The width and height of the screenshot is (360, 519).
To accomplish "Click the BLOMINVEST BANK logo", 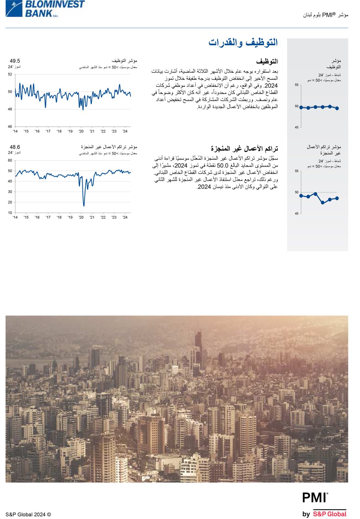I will click(x=45, y=8).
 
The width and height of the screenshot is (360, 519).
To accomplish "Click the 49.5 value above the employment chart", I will click(x=15, y=61).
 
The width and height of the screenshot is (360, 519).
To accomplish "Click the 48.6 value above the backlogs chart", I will click(x=15, y=147).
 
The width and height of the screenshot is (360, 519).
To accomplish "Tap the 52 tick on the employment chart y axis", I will click(x=10, y=74).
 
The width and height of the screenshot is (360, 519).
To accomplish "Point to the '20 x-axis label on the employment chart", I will click(x=81, y=131).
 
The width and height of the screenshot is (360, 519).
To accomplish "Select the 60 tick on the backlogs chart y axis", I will click(x=10, y=160).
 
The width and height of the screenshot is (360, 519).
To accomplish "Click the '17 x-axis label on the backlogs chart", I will click(x=48, y=218).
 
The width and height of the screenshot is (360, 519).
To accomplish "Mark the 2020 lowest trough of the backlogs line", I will click(x=84, y=205).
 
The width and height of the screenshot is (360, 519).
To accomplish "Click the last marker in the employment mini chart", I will click(x=337, y=108).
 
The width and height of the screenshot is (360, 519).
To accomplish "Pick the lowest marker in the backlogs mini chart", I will click(x=322, y=203).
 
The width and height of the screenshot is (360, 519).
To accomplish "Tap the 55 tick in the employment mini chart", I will click(x=296, y=85).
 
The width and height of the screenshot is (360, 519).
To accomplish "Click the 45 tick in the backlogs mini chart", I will click(x=296, y=214).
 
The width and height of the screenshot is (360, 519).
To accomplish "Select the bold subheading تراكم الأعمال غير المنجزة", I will click(x=244, y=149).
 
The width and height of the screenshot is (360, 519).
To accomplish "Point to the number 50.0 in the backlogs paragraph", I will click(x=222, y=166).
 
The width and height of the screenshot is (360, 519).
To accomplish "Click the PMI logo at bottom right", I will click(x=315, y=498).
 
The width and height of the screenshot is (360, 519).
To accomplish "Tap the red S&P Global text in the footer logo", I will click(x=330, y=514).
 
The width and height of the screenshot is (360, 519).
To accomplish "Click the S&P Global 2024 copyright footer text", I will click(x=28, y=514).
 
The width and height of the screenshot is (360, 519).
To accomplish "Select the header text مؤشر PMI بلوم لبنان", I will click(x=325, y=15).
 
